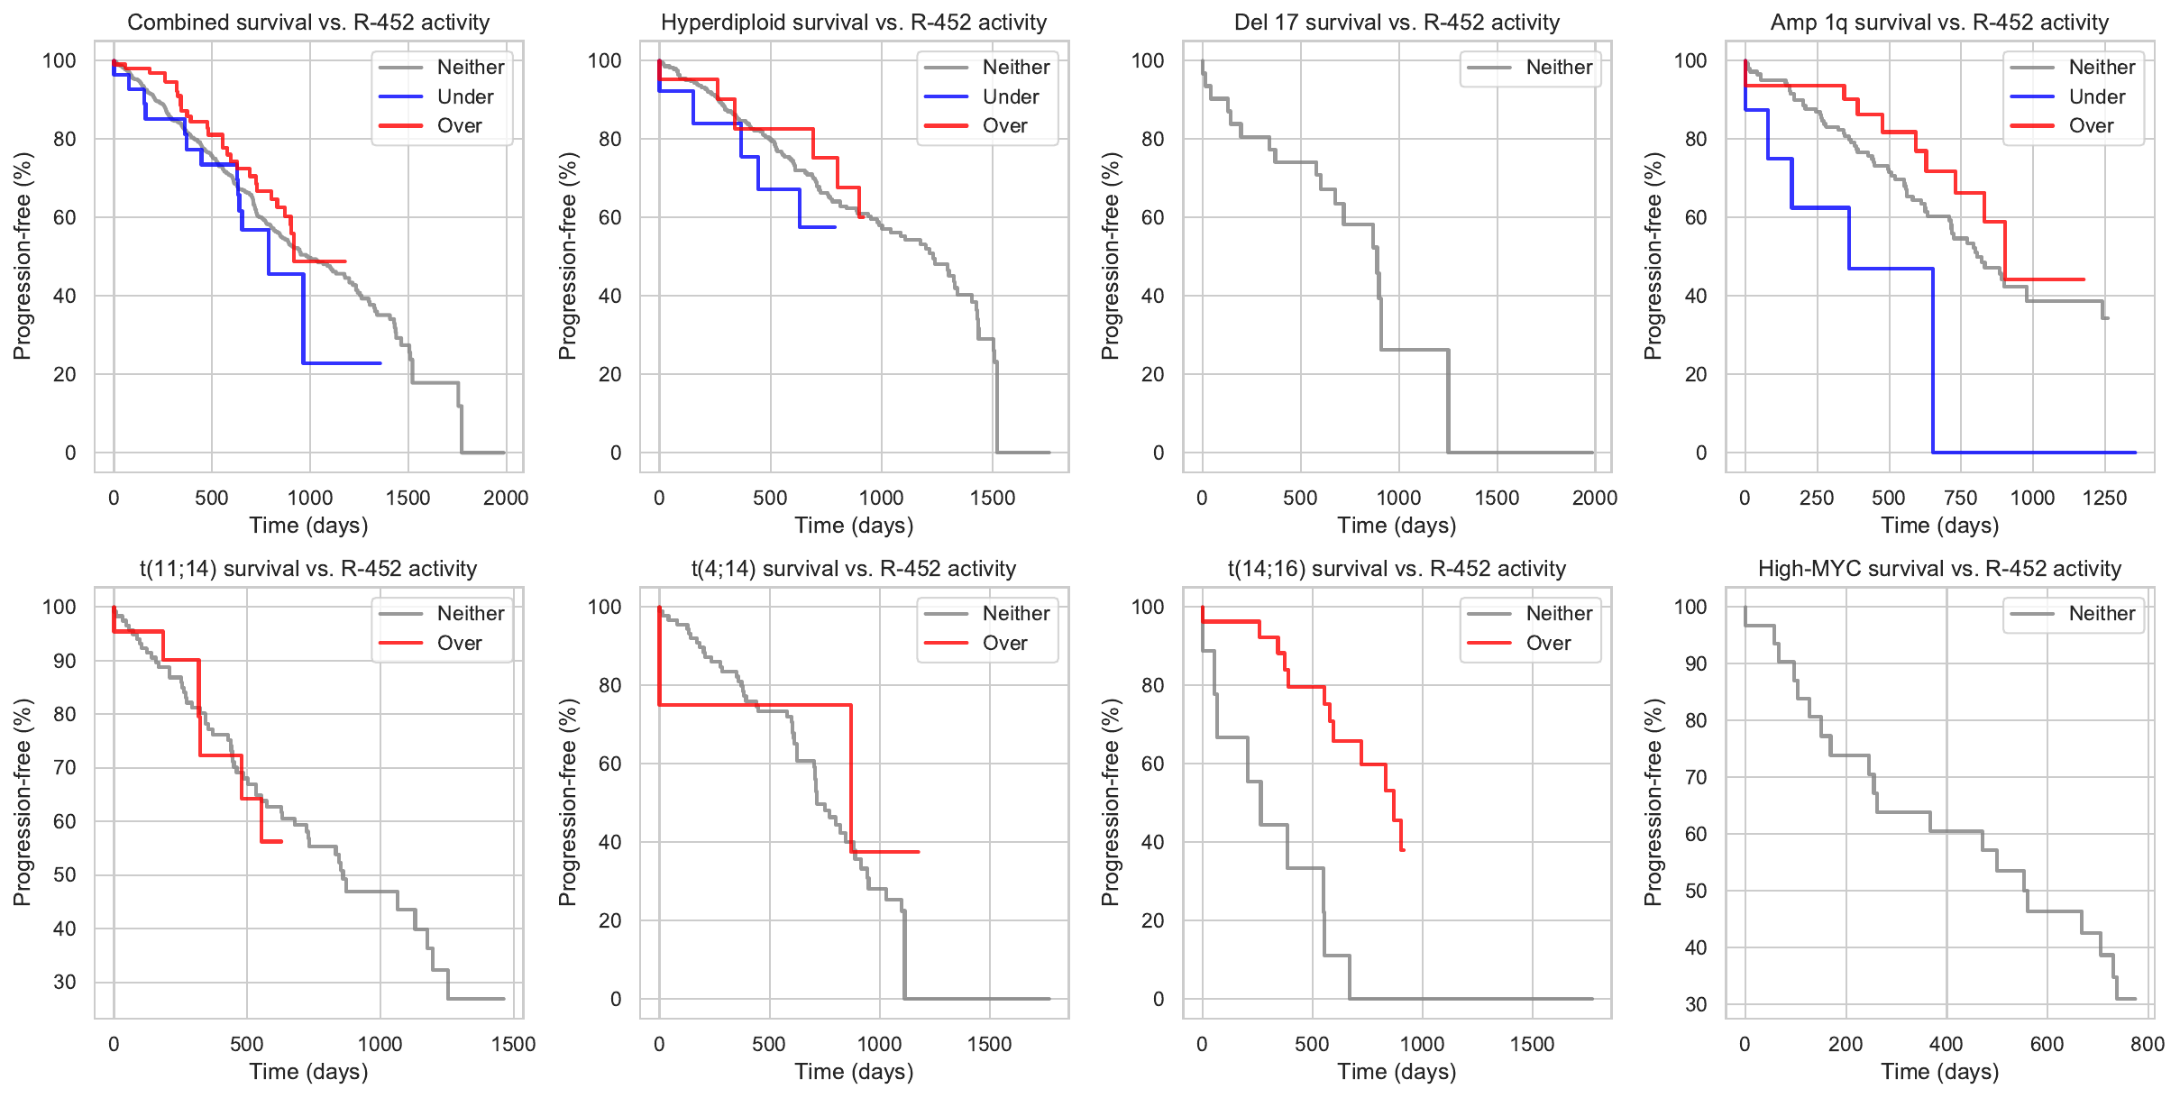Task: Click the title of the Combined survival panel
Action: tap(308, 23)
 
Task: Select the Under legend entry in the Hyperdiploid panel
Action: tap(1010, 96)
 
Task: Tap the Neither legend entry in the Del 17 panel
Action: tap(1559, 67)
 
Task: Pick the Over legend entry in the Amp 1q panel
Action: tap(2091, 126)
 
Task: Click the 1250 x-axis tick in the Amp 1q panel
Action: tap(2104, 498)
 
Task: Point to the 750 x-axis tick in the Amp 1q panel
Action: tap(1960, 498)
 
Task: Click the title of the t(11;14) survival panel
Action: tap(308, 569)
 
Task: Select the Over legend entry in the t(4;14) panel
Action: tap(1004, 643)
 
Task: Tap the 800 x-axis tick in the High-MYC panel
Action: tap(2148, 1044)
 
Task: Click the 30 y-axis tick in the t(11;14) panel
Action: tap(65, 982)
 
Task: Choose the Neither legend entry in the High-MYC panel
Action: tap(2102, 614)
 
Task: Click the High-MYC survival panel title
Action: tap(1939, 569)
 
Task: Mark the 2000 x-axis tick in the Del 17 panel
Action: tap(1594, 498)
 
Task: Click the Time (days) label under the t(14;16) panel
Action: tap(1397, 1072)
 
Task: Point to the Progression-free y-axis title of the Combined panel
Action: tap(23, 256)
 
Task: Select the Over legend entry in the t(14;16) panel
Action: tap(1548, 643)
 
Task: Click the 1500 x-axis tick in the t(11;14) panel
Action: tap(513, 1044)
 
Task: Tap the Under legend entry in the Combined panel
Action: tap(464, 96)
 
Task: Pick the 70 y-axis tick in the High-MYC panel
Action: tap(1696, 777)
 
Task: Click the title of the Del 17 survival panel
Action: tap(1397, 23)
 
